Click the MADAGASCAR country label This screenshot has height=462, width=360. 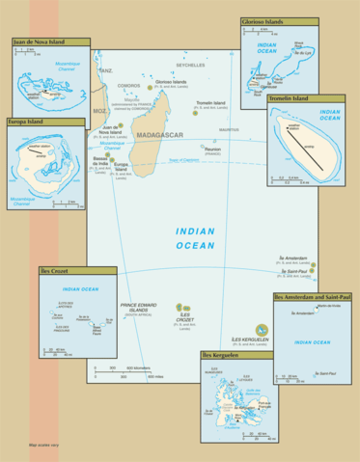pyautogui.click(x=157, y=136)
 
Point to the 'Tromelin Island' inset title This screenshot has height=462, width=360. pyautogui.click(x=287, y=98)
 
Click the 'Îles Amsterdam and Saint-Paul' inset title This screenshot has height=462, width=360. pyautogui.click(x=311, y=297)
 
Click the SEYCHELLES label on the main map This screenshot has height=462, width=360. pyautogui.click(x=190, y=65)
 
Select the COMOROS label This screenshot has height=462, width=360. pyautogui.click(x=128, y=86)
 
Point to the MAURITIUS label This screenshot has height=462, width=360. pyautogui.click(x=229, y=129)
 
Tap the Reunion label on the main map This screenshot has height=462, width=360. pyautogui.click(x=212, y=149)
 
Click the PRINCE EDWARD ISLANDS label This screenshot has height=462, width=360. pyautogui.click(x=138, y=308)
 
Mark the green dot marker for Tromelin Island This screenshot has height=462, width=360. pyautogui.click(x=194, y=113)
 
